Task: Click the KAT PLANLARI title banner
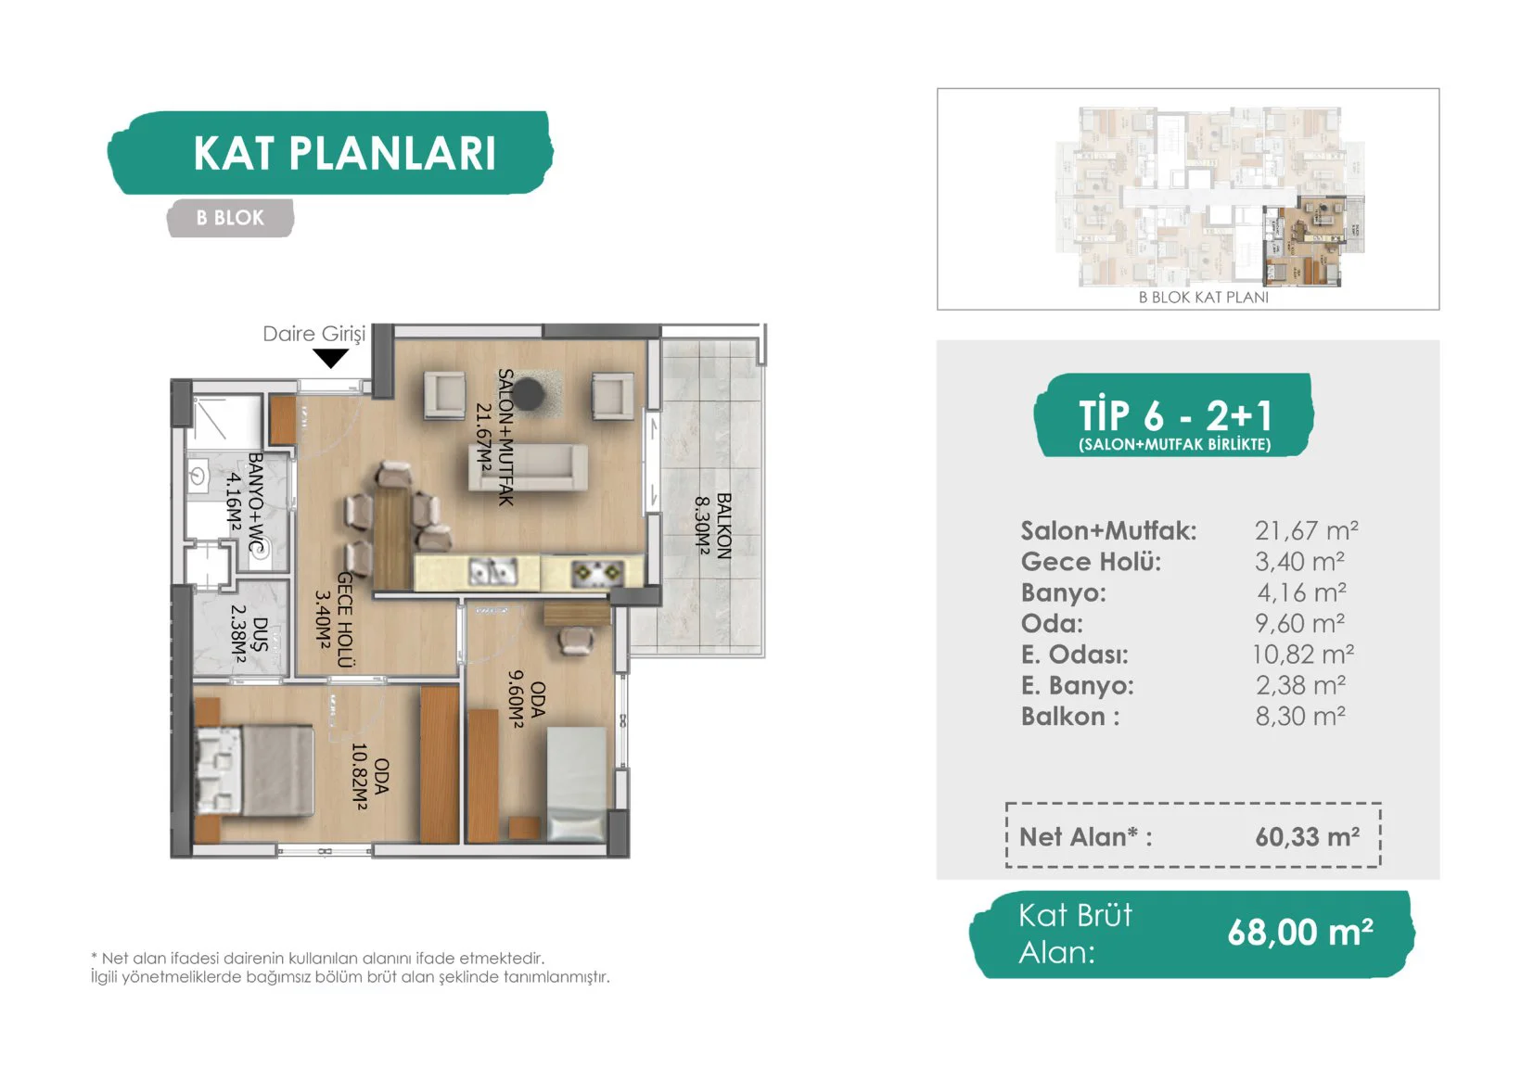click(x=330, y=153)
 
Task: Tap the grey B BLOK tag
click(x=230, y=218)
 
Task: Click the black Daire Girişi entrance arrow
click(x=331, y=358)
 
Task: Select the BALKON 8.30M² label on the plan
click(x=713, y=526)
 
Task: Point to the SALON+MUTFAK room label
click(x=495, y=437)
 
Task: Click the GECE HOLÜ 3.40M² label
click(x=335, y=619)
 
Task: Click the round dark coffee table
click(x=529, y=394)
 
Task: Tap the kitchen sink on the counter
click(x=493, y=572)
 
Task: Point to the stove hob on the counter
click(x=597, y=572)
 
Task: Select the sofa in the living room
click(x=528, y=467)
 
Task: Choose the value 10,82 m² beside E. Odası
click(x=1303, y=655)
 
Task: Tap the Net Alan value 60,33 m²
click(x=1308, y=836)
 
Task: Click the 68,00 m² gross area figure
click(x=1299, y=933)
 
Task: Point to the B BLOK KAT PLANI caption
click(x=1203, y=298)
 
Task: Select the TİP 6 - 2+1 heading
click(x=1175, y=414)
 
